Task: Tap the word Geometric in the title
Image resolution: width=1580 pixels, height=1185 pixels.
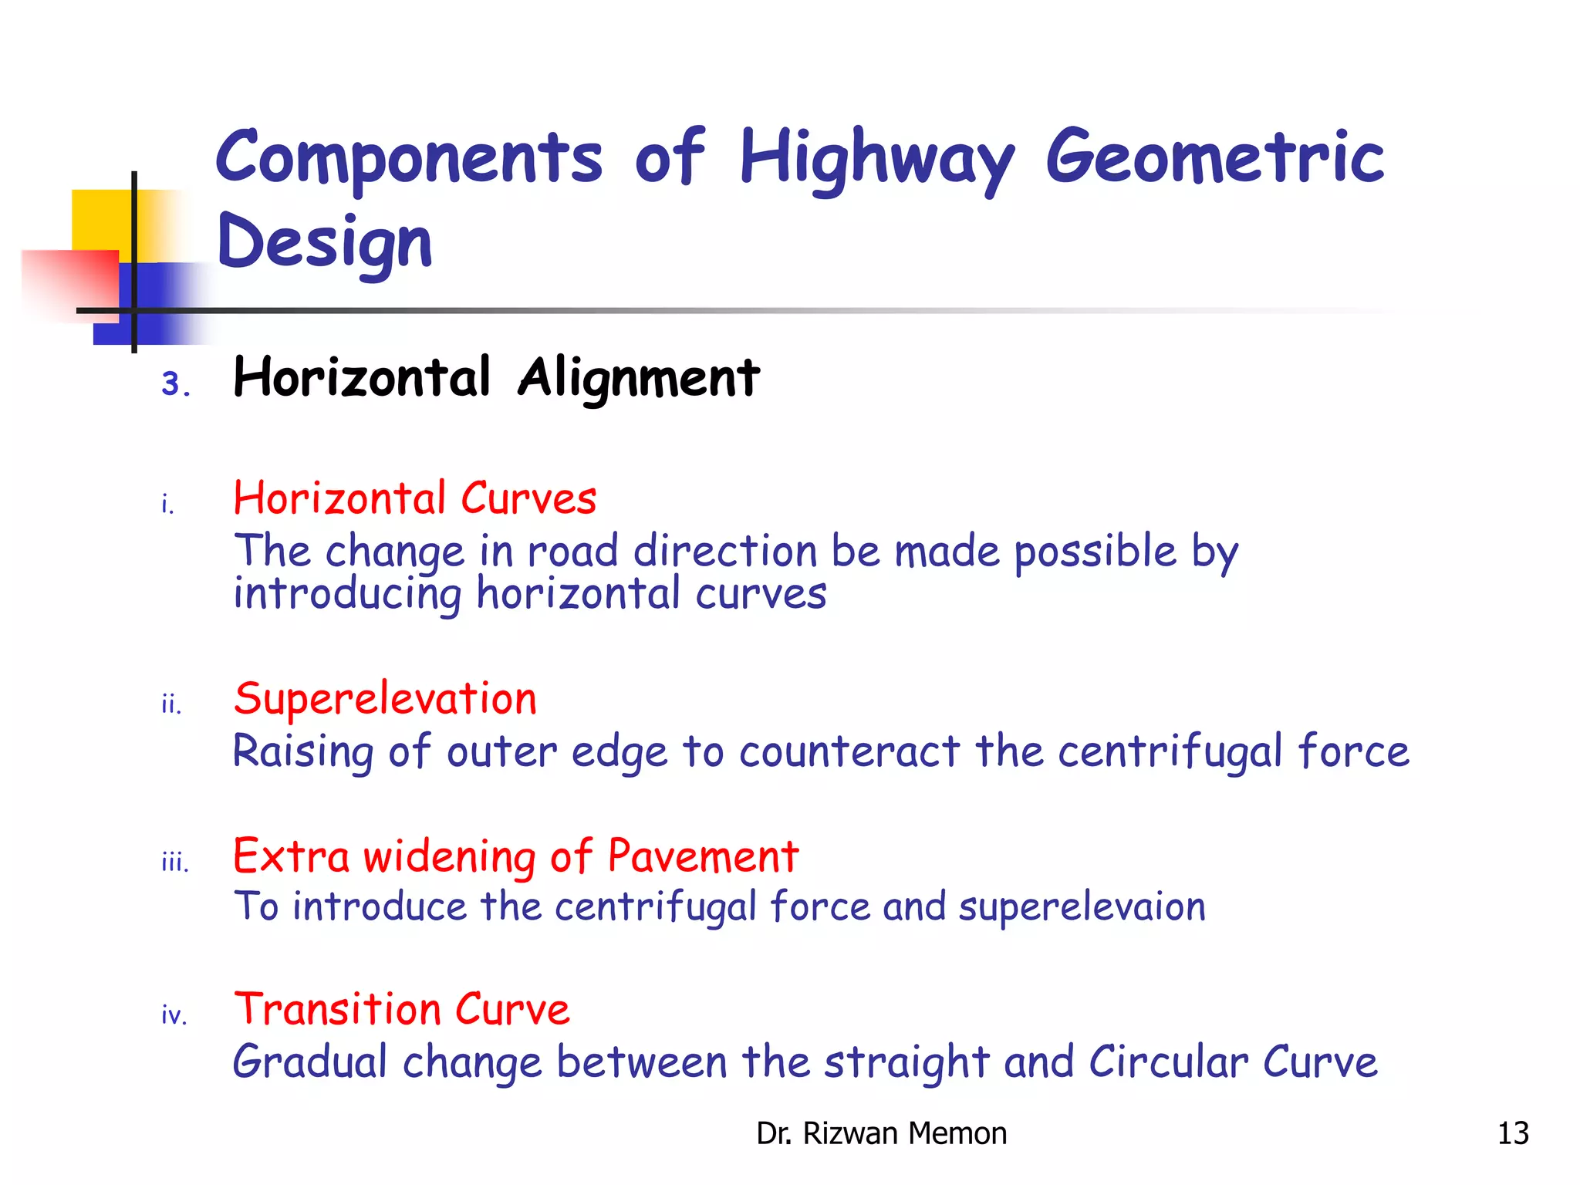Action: tap(1214, 158)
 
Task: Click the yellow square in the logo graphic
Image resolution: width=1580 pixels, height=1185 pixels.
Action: tap(100, 220)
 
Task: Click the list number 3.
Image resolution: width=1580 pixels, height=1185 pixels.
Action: tap(175, 383)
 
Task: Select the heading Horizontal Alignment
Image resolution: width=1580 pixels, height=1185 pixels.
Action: tap(496, 378)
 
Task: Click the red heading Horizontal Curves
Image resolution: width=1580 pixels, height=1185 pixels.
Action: tap(415, 498)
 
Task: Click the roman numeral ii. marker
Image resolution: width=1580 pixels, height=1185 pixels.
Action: tap(171, 704)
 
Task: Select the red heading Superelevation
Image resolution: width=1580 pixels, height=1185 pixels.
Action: tap(385, 699)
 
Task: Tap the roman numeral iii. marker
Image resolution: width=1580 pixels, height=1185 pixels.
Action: tap(175, 863)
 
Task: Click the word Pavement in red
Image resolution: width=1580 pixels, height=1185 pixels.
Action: tap(702, 856)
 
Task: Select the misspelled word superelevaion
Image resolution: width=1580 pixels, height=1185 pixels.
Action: tap(1082, 907)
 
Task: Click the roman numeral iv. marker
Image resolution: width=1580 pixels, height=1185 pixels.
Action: tap(174, 1015)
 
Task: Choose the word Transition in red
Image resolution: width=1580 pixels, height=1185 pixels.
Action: tap(337, 1009)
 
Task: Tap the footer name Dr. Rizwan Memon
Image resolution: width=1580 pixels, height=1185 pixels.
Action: tap(881, 1133)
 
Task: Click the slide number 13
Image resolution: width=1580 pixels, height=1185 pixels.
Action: tap(1512, 1133)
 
